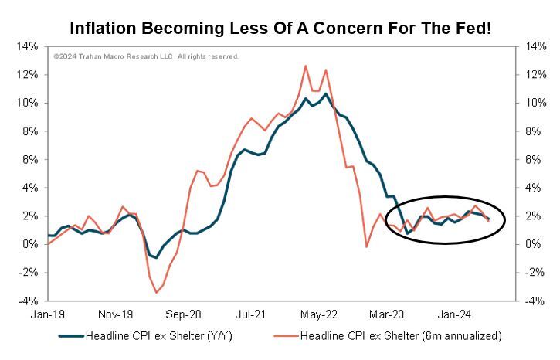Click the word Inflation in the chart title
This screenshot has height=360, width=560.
click(104, 29)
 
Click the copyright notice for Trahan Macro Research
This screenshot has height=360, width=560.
click(146, 56)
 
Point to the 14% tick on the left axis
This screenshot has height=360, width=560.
click(28, 46)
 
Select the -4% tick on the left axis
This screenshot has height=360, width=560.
click(28, 301)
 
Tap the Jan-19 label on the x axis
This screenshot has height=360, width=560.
click(48, 315)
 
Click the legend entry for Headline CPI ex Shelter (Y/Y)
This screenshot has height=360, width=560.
click(146, 336)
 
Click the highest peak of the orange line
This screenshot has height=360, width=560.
click(305, 66)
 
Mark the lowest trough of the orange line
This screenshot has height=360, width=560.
click(156, 292)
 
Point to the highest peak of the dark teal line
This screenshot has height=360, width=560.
click(326, 94)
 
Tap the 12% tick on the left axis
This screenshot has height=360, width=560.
click(28, 75)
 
